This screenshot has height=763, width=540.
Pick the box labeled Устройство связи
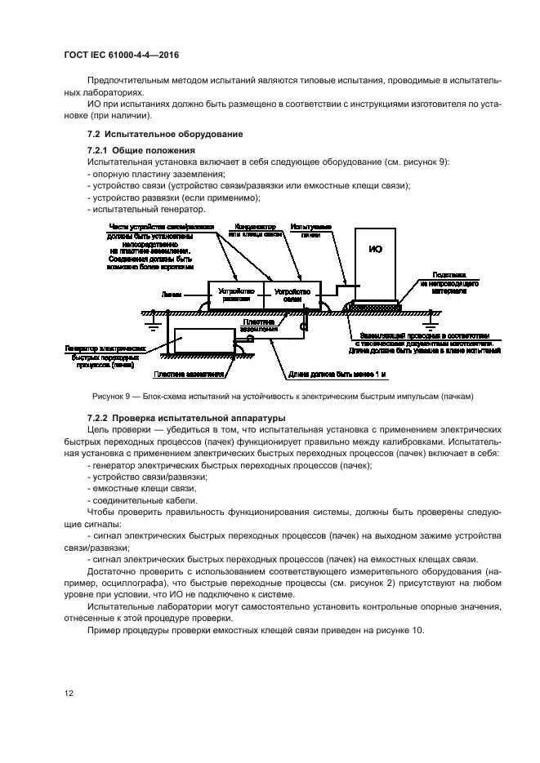[292, 295]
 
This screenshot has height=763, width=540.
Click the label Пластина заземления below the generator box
[189, 375]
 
